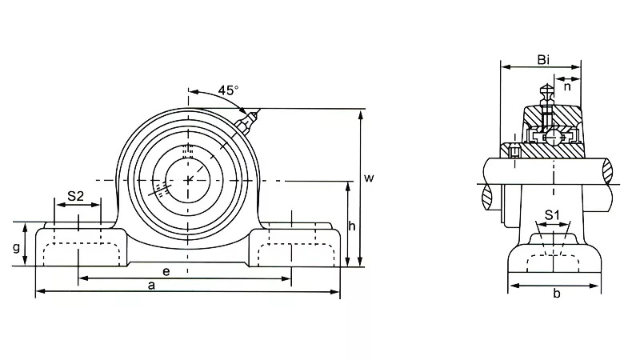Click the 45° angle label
pyautogui.click(x=228, y=90)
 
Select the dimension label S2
pyautogui.click(x=76, y=195)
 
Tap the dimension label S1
pyautogui.click(x=552, y=214)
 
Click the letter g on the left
pyautogui.click(x=16, y=248)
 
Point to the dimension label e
pyautogui.click(x=166, y=271)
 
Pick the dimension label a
pyautogui.click(x=152, y=286)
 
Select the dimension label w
pyautogui.click(x=369, y=178)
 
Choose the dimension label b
pyautogui.click(x=556, y=294)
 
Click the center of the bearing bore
pyautogui.click(x=190, y=178)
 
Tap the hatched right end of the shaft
pyautogui.click(x=608, y=170)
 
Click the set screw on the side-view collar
pyautogui.click(x=514, y=151)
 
